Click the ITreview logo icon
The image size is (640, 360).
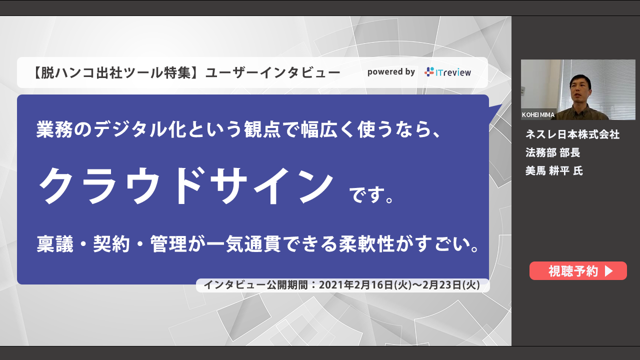point(429,71)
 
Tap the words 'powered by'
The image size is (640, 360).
point(391,72)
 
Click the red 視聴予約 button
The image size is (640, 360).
point(578,270)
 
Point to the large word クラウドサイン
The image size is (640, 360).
point(186,186)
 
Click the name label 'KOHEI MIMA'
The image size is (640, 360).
point(538,115)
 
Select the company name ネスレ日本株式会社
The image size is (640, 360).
point(572,134)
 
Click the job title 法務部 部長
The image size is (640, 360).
point(552,152)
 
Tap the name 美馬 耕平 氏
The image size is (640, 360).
point(554,171)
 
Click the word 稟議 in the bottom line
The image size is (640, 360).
point(55,244)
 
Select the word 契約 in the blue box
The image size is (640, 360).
point(111,244)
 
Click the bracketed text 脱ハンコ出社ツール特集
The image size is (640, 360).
point(116,72)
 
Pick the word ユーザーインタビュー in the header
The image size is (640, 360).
point(273,72)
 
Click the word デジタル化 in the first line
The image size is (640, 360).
point(140,129)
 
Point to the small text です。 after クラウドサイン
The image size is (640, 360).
point(372,195)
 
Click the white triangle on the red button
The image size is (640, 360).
point(608,271)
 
